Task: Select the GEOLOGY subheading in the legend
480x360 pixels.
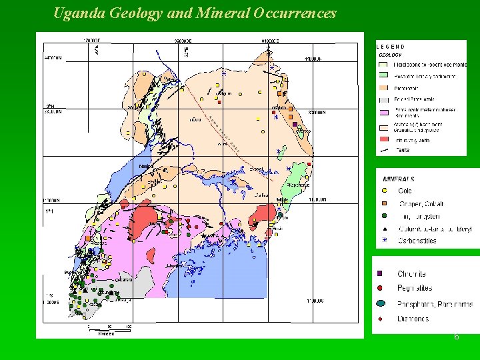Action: (x=391, y=55)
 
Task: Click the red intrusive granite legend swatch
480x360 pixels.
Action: (x=383, y=139)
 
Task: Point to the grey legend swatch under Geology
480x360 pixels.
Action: (x=383, y=99)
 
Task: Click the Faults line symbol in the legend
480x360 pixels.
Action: (x=383, y=151)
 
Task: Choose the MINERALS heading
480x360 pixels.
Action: (x=399, y=179)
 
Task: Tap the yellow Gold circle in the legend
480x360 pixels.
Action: (x=384, y=191)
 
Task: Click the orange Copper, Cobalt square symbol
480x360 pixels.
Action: (x=384, y=204)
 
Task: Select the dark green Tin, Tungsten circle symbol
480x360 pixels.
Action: (x=384, y=216)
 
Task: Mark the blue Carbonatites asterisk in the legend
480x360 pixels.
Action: (x=384, y=240)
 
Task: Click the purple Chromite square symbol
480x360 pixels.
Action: (x=380, y=274)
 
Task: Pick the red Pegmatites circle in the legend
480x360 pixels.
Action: (x=380, y=288)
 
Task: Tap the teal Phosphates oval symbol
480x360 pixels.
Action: (x=380, y=304)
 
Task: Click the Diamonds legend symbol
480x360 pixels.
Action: (x=380, y=319)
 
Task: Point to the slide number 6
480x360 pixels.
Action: (x=456, y=337)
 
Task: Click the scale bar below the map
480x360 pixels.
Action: (x=107, y=329)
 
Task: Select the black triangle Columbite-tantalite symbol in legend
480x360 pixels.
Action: (x=384, y=229)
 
